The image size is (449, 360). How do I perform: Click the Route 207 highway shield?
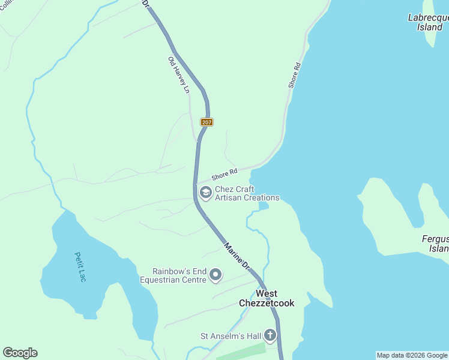coord(206,122)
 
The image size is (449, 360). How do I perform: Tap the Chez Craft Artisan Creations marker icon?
coord(205,193)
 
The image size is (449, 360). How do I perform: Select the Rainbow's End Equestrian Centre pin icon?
coord(215,275)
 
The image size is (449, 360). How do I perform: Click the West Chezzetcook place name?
coord(267,298)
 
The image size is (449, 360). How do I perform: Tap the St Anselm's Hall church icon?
coord(270,335)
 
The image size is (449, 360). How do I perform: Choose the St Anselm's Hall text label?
coord(231,336)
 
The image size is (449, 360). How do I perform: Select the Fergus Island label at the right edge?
coord(435,244)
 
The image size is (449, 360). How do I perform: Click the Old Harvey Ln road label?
coord(179,75)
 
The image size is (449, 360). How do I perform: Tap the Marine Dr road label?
coord(237,255)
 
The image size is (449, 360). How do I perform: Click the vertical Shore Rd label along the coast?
coord(294,76)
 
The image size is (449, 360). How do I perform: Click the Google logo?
coord(20,353)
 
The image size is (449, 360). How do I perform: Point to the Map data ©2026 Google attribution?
coord(412,355)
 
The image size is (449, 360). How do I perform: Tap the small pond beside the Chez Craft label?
coord(263,206)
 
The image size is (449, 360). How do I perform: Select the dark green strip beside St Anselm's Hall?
coord(240,352)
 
